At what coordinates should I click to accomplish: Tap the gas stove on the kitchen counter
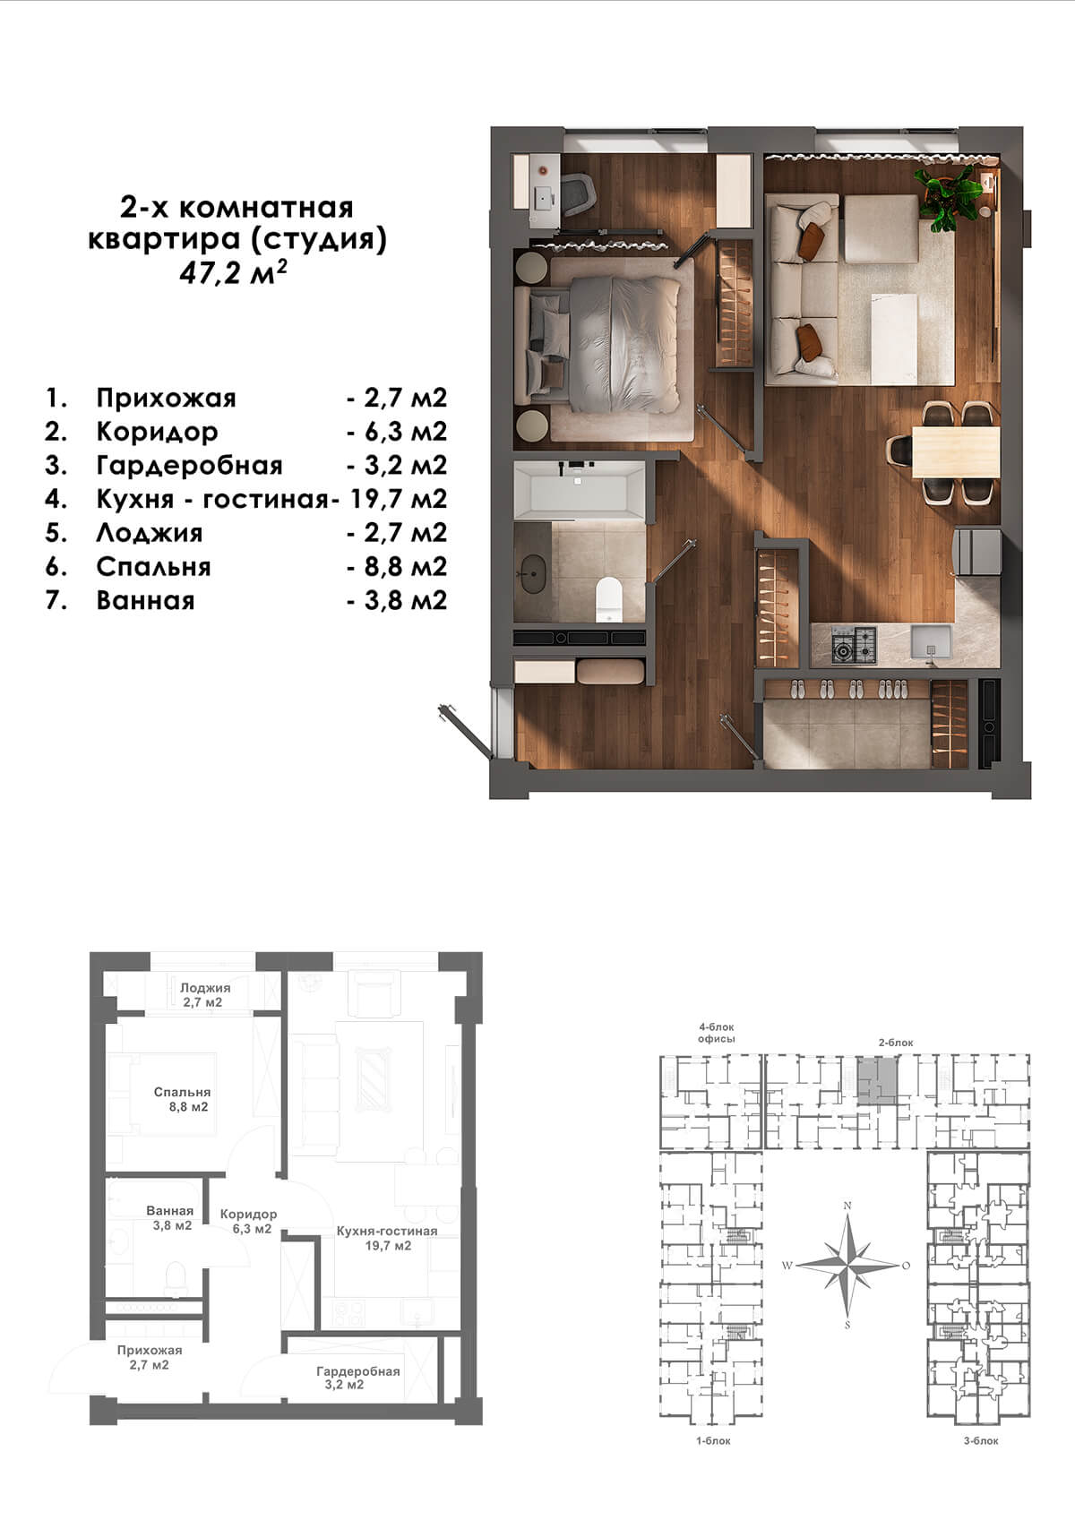click(x=854, y=645)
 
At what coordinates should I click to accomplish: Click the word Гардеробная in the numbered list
click(x=189, y=466)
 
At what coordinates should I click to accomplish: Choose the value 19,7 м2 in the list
click(x=399, y=499)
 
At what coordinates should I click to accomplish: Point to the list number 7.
click(x=56, y=600)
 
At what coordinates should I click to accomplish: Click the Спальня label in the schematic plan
click(x=182, y=1092)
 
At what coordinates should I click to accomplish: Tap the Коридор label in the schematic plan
click(x=248, y=1214)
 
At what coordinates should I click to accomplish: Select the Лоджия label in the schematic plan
click(x=205, y=988)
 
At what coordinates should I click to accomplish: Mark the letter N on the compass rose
click(x=847, y=1206)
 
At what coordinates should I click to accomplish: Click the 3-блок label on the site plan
click(x=981, y=1440)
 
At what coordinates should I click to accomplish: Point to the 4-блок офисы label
click(x=717, y=1033)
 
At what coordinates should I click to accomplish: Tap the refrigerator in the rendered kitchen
click(x=978, y=552)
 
